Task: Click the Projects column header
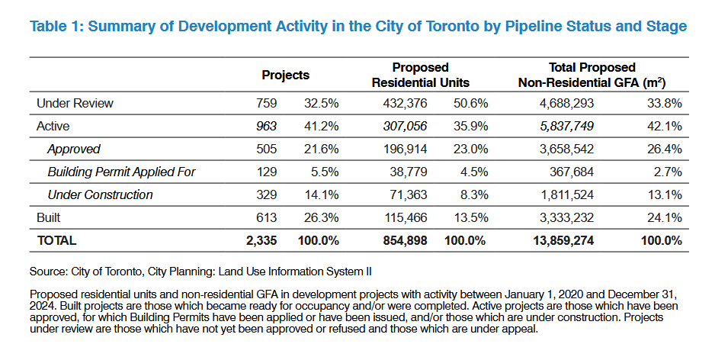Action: coord(285,75)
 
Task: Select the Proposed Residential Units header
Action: coord(420,75)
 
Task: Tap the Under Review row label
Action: coord(75,103)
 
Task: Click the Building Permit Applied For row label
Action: coord(121,172)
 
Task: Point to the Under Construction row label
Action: coord(99,194)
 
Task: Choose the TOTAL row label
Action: coord(56,240)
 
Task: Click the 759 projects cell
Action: coord(267,103)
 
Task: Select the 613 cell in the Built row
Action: coord(267,217)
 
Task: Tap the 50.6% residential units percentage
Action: coord(470,103)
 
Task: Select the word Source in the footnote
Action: coord(47,271)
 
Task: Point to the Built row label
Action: coord(49,217)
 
